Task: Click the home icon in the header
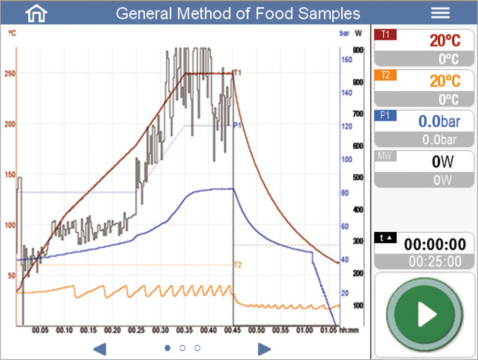click(36, 13)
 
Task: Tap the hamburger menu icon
click(440, 13)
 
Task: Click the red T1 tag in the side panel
click(385, 34)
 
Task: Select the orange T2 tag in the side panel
click(385, 75)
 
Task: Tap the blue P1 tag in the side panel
click(385, 115)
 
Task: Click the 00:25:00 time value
click(435, 262)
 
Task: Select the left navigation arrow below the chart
click(99, 349)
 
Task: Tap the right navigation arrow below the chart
click(264, 349)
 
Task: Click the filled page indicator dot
click(167, 348)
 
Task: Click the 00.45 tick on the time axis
click(233, 330)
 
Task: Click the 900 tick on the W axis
click(358, 50)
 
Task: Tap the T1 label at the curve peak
click(237, 73)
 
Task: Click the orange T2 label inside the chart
click(237, 264)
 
